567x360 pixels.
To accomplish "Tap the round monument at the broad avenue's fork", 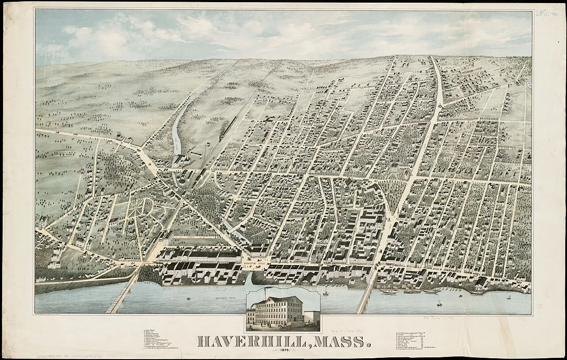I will [x=440, y=106].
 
